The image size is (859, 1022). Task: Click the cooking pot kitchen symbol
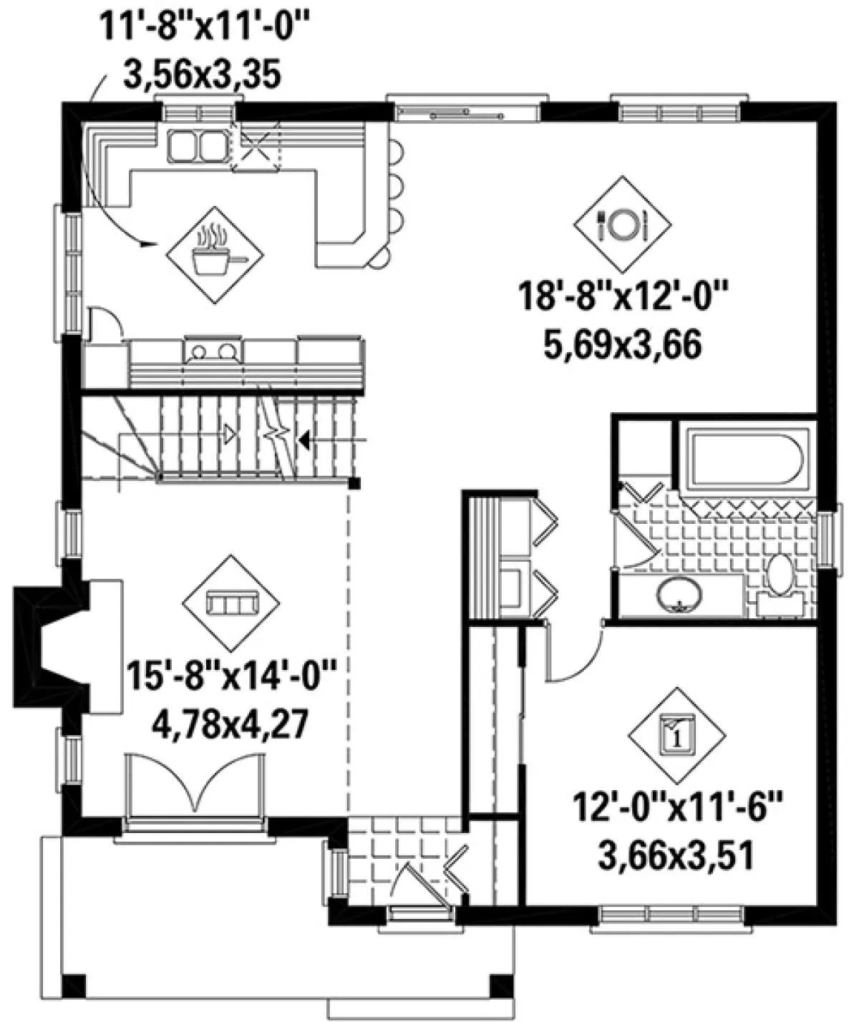[x=215, y=255]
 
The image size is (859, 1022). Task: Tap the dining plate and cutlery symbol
[x=623, y=224]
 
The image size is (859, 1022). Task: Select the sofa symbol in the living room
[x=230, y=603]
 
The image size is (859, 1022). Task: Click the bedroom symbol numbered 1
[x=677, y=736]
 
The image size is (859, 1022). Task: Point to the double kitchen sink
[x=198, y=146]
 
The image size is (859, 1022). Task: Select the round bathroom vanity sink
[x=679, y=596]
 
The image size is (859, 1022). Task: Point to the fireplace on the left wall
[x=52, y=646]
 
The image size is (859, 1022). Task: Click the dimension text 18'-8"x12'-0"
[x=624, y=296]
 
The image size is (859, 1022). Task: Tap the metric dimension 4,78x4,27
[x=230, y=726]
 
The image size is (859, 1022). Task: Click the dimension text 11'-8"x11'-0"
[x=206, y=26]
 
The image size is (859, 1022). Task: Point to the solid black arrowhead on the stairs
[x=305, y=441]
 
